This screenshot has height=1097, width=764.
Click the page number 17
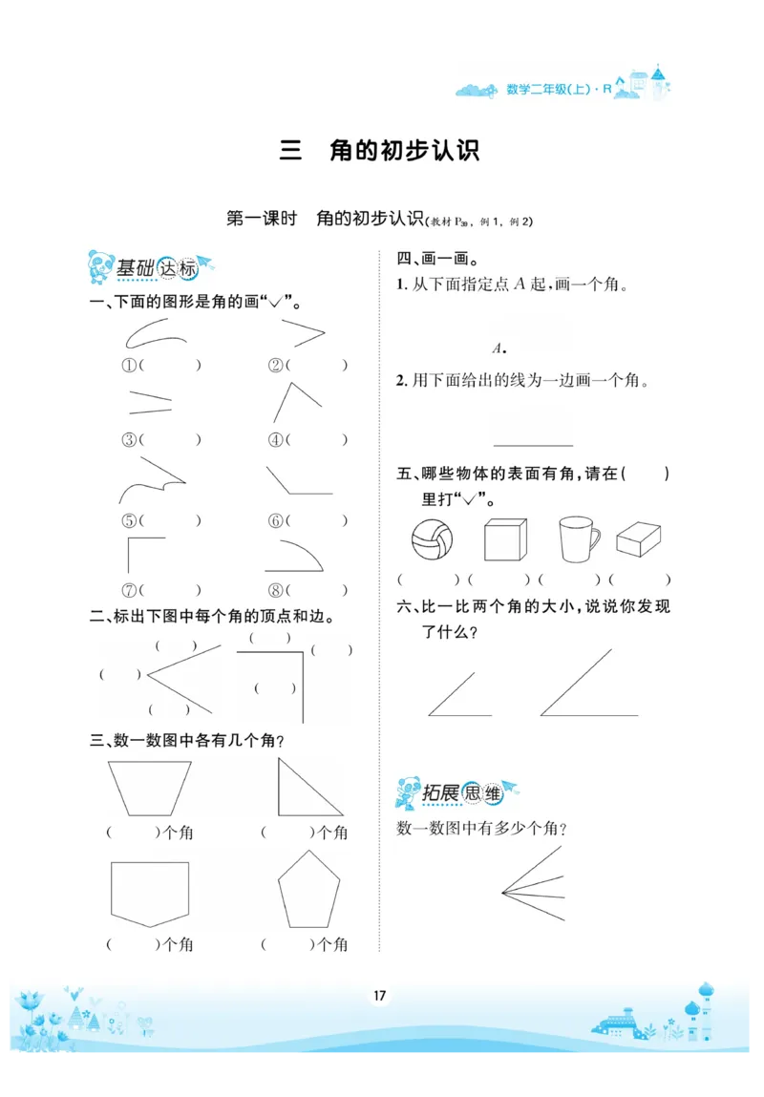point(379,997)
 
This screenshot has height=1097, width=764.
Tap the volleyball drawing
point(431,540)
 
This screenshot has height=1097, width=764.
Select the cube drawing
point(504,539)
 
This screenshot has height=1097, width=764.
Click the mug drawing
point(576,540)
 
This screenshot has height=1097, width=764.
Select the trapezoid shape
point(151,787)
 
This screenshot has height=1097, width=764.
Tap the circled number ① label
point(129,365)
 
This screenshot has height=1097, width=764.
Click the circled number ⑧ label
point(275,589)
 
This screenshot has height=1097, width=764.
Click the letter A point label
point(497,348)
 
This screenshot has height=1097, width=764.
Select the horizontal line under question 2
point(533,445)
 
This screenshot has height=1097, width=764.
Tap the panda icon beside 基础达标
point(98,266)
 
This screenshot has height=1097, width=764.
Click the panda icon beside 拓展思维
point(408,791)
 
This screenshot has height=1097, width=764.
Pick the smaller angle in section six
point(457,695)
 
